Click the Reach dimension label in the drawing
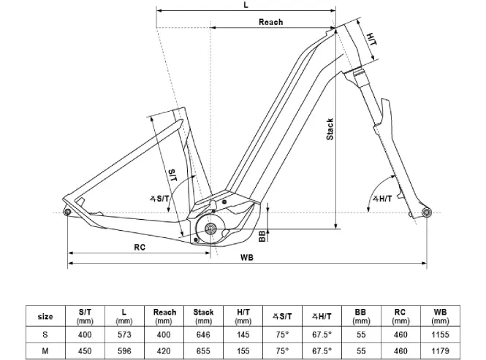click(270, 22)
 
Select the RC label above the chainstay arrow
click(140, 247)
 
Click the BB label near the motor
click(262, 235)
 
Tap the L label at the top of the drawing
click(245, 5)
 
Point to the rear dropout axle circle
click(68, 212)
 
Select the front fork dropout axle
click(425, 212)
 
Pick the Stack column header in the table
click(203, 316)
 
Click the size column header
click(45, 316)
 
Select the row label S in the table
click(45, 334)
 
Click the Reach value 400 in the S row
click(164, 334)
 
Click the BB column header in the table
click(360, 316)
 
